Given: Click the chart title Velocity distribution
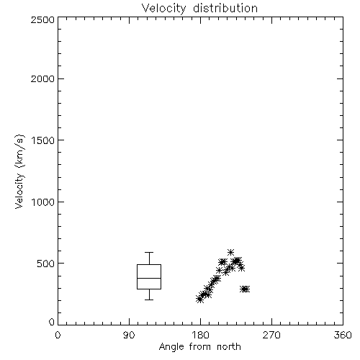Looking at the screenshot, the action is [x=199, y=9].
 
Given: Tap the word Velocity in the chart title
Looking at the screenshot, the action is [x=163, y=9].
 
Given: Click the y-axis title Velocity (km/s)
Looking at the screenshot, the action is [x=19, y=171].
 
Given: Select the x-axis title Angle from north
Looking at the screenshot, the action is [x=199, y=347].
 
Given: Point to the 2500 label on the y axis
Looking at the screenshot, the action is [x=42, y=19].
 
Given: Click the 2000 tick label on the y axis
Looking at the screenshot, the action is [x=42, y=78].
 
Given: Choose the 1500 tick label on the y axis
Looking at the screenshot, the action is [x=43, y=140].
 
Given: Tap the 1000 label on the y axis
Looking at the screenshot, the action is [x=43, y=202].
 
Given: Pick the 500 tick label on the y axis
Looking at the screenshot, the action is [x=46, y=264].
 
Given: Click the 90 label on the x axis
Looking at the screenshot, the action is [x=129, y=335].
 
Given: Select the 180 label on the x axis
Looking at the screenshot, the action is [x=199, y=335].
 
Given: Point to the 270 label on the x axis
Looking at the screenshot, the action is [x=271, y=335].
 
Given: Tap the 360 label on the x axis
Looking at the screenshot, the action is [x=343, y=335].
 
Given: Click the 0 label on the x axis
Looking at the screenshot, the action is [x=58, y=335].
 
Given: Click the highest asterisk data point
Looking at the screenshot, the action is [x=230, y=252].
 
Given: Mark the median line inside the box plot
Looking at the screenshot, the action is [x=149, y=278].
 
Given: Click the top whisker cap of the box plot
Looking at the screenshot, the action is [x=149, y=252].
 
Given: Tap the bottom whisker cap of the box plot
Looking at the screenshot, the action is [x=149, y=300].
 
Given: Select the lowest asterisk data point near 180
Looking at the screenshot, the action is [x=199, y=300].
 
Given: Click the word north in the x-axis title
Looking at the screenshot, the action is [x=229, y=347].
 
